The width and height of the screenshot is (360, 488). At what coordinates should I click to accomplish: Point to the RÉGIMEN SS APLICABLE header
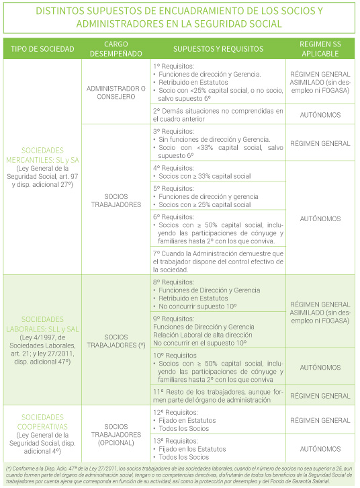point(319,50)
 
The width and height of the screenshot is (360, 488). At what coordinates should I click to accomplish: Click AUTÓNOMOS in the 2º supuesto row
point(319,114)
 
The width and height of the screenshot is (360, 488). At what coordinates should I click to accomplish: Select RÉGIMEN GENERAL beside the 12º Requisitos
point(319,421)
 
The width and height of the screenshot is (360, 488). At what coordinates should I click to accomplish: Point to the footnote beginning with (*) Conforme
point(179,475)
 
